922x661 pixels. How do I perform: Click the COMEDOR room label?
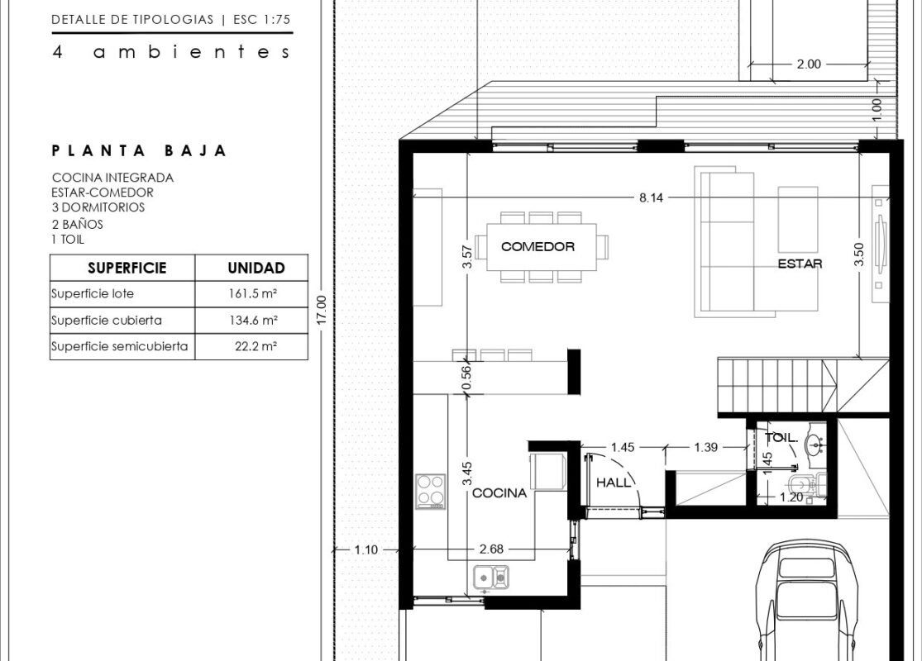537,247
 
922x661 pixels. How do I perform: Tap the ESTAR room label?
800,264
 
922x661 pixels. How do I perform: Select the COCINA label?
499,493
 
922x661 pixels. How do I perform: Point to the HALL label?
614,483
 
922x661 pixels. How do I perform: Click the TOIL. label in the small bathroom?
781,438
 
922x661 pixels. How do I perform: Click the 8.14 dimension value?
651,198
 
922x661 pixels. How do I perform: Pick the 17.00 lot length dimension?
321,310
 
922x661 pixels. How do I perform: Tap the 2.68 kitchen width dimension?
491,549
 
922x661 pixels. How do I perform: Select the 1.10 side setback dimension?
365,550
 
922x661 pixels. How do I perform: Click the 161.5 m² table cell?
253,294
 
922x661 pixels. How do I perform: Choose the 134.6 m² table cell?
253,321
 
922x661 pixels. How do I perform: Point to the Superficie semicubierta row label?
119,346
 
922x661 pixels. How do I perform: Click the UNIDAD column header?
256,268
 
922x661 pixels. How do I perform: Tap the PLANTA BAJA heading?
139,151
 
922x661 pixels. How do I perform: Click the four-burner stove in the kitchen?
431,491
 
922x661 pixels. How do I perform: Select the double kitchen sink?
491,577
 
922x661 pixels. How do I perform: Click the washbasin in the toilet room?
815,445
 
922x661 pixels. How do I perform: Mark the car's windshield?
806,568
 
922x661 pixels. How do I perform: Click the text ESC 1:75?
261,19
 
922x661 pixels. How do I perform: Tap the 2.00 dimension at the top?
809,64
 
